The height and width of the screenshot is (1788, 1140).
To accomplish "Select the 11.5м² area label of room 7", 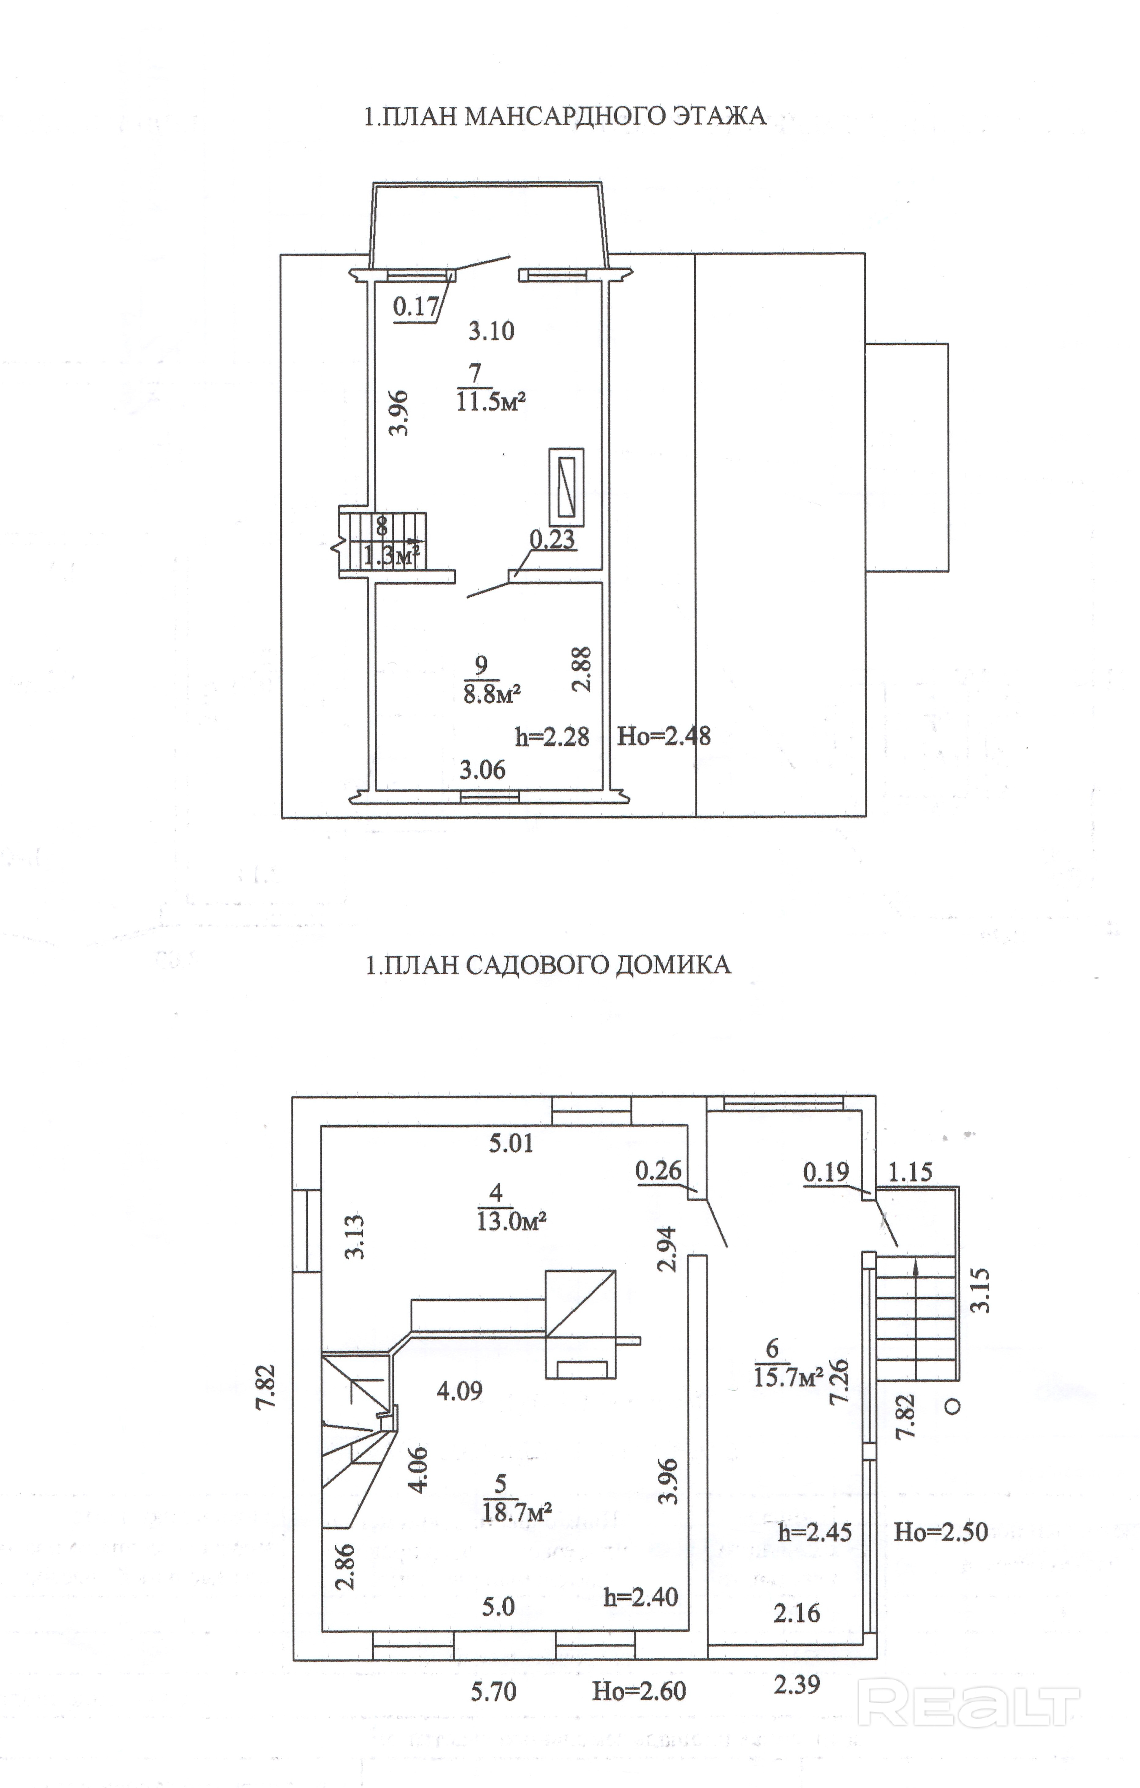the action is pos(491,402).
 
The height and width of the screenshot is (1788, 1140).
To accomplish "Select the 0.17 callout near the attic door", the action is pos(416,307).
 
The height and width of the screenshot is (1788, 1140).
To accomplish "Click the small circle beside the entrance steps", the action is pos(954,1406).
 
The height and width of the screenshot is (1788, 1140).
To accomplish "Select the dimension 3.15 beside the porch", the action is pos(981,1290).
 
